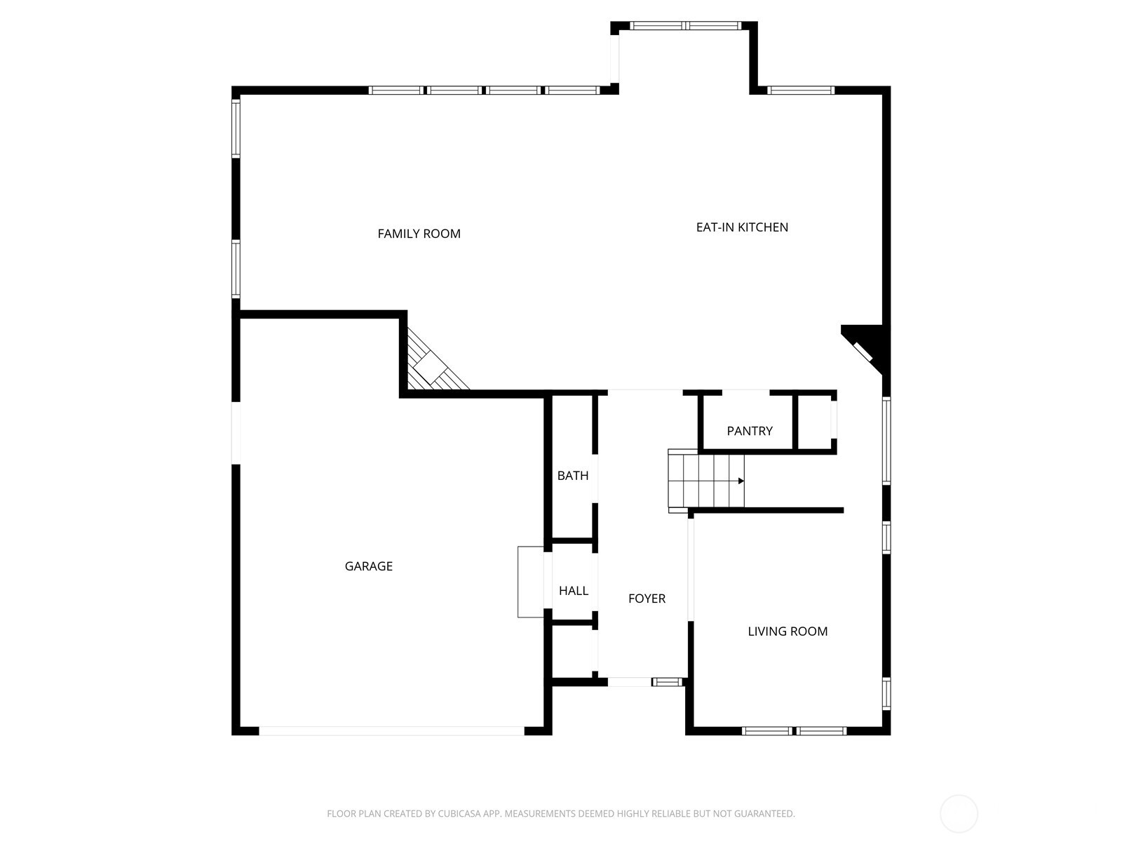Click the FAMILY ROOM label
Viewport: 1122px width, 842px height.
[x=419, y=234]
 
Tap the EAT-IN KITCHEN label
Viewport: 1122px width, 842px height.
[x=742, y=227]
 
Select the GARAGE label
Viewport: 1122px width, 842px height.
[x=368, y=566]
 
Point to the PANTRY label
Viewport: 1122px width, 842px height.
[x=750, y=431]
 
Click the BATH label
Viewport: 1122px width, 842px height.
[x=573, y=476]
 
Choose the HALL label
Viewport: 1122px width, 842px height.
[x=574, y=591]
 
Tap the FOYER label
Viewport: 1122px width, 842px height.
[x=647, y=599]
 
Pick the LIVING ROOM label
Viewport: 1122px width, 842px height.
[x=788, y=631]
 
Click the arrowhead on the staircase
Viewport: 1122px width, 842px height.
[x=741, y=481]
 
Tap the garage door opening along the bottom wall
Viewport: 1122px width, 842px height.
[x=391, y=731]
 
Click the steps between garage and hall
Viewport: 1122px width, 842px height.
[x=531, y=582]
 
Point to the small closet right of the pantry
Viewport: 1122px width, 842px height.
[x=814, y=422]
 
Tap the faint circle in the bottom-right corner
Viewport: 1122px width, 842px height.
[x=959, y=814]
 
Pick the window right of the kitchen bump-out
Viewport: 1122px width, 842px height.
[x=801, y=90]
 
